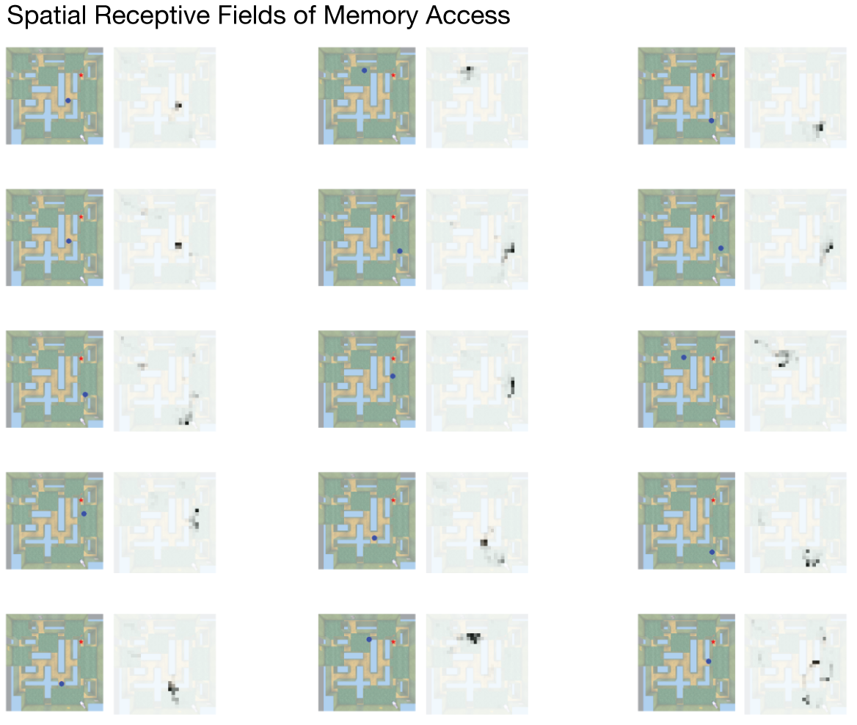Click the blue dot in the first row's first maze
pos(68,100)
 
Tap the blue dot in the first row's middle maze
pos(364,70)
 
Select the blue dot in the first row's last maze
pos(711,120)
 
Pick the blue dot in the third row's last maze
pos(683,357)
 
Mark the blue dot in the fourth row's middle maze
pos(374,538)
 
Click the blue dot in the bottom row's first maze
pos(62,683)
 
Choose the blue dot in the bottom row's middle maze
pos(369,640)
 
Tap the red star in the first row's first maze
pos(81,76)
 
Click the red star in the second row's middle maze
pos(394,217)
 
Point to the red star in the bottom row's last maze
pos(713,642)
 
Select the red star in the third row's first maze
pos(81,358)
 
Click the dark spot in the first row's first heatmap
pos(178,106)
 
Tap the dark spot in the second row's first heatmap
pos(178,245)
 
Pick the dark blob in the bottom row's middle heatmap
pos(473,636)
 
